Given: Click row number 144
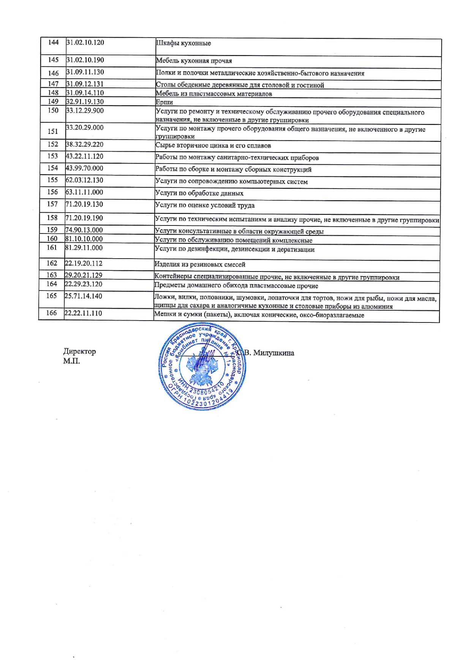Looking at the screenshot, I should (x=53, y=42).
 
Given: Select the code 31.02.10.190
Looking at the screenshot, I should (x=85, y=60).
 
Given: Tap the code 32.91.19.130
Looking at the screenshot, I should (x=85, y=102).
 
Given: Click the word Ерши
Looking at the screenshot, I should (x=164, y=102).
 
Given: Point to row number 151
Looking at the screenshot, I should (x=53, y=131).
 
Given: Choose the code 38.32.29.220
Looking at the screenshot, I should (x=84, y=145).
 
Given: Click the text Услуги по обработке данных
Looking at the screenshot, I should (x=199, y=193).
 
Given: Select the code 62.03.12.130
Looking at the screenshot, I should (x=84, y=180).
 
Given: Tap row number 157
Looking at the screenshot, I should (x=52, y=204).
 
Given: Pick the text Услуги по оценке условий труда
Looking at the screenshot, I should (x=204, y=205).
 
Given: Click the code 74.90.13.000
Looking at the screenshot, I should (x=84, y=230).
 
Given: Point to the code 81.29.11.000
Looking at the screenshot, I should (x=84, y=248).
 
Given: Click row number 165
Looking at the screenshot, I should (x=51, y=296).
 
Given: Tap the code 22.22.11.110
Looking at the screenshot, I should (x=83, y=313).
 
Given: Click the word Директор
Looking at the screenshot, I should (x=79, y=351).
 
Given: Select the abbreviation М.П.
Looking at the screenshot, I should (x=71, y=361).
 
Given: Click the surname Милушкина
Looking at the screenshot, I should (x=273, y=353).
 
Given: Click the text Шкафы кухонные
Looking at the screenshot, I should (x=183, y=43).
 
